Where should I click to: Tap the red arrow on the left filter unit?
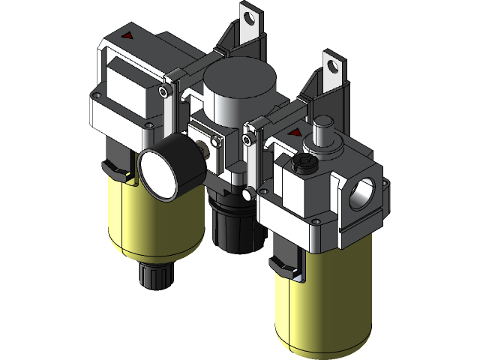[x=127, y=35]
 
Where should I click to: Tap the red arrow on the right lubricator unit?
[x=291, y=133]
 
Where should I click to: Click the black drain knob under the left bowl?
[x=153, y=276]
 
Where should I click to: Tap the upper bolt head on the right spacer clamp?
[x=247, y=139]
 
